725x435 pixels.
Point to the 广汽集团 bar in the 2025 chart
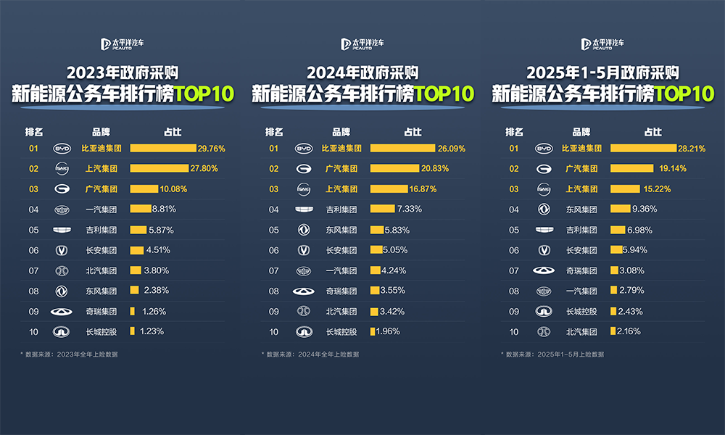[632, 168]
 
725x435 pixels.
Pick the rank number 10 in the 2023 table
[33, 331]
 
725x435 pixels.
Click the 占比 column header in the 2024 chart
[413, 132]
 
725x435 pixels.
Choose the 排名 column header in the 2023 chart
[34, 132]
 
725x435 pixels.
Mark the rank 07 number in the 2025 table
[514, 270]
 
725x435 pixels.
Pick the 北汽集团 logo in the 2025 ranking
[543, 331]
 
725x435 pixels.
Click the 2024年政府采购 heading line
[362, 72]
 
